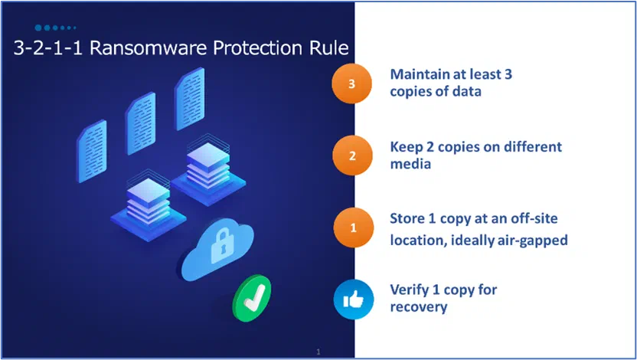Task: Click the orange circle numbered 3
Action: coord(352,83)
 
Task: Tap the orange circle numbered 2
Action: coord(352,155)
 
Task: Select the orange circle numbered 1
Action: coord(353,227)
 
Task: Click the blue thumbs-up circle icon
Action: coord(354,299)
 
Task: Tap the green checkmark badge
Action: coord(251,298)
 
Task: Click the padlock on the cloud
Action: coord(222,246)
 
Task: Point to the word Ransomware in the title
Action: coord(149,47)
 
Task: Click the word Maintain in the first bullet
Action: coord(420,74)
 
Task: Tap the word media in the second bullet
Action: coord(410,164)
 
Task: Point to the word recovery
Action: coord(419,307)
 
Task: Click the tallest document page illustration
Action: coord(189,99)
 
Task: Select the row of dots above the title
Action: coord(55,28)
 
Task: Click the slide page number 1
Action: coord(318,352)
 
